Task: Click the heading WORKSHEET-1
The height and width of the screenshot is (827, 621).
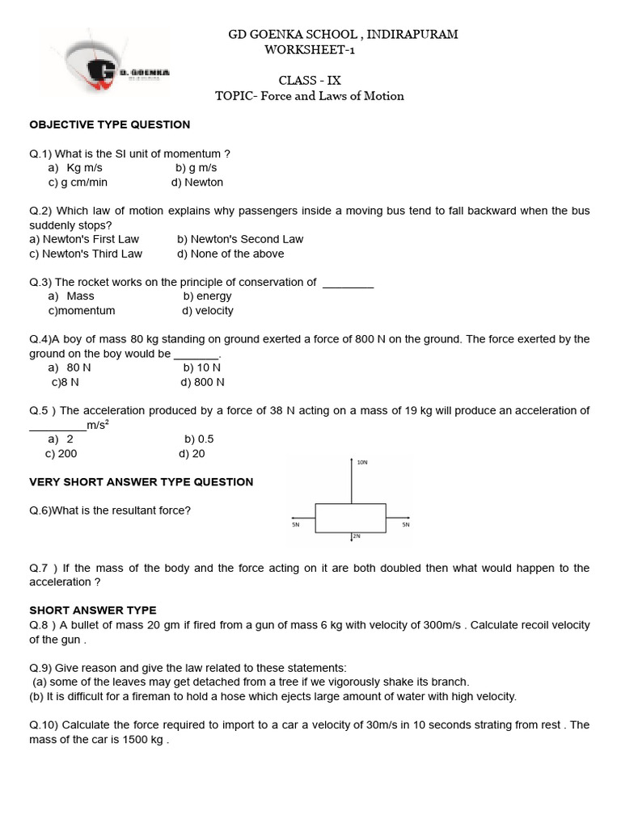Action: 310,50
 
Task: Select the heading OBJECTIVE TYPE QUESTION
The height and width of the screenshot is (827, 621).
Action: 110,124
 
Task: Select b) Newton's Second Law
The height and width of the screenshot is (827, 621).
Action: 240,239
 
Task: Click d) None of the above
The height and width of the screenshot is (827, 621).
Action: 230,254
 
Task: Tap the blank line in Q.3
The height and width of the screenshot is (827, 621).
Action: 348,283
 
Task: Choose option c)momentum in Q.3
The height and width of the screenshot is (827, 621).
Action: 82,310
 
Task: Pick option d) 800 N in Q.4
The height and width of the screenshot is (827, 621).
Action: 202,382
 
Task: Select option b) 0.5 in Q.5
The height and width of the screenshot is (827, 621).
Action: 199,439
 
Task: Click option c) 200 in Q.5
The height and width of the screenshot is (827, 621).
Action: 61,454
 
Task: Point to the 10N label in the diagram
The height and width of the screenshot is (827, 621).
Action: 362,463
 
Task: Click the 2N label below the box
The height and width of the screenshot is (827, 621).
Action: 356,536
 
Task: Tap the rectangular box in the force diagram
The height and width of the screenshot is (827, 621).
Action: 350,518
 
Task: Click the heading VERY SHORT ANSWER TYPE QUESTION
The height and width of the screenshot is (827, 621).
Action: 142,482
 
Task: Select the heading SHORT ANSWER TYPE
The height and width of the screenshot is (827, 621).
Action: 93,611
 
